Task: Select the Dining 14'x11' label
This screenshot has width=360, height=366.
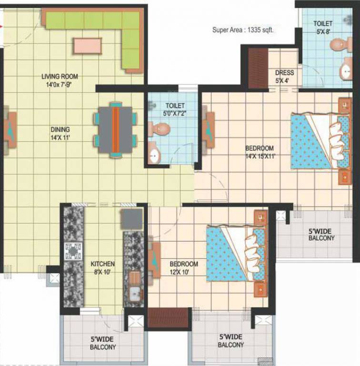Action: click(61, 133)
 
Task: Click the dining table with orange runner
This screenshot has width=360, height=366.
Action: click(115, 130)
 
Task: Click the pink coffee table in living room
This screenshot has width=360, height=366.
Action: click(88, 46)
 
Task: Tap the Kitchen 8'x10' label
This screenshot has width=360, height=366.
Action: click(103, 267)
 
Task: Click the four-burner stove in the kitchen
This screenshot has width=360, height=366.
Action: click(73, 251)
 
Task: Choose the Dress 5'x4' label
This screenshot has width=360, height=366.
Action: click(285, 76)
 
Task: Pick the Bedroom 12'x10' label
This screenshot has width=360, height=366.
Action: click(184, 268)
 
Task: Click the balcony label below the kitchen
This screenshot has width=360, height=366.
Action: click(102, 344)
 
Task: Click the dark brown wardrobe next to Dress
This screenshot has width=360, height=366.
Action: click(258, 68)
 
